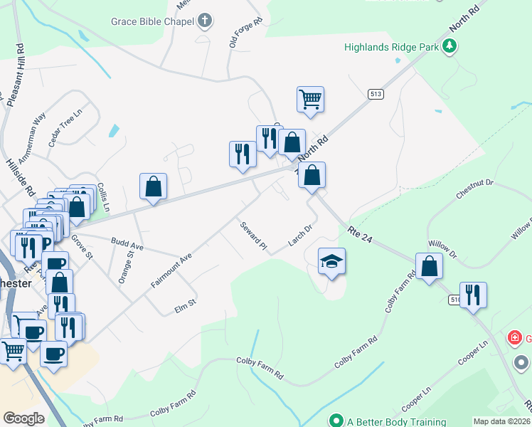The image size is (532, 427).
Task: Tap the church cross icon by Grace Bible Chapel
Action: pos(205,20)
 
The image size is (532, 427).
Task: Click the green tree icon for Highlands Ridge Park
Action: pos(449,47)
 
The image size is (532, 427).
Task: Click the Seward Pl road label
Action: pos(252,235)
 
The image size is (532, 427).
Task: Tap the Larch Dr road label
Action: pos(300,236)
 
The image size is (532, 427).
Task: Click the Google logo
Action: pos(23,418)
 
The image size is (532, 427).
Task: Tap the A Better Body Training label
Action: pos(397,421)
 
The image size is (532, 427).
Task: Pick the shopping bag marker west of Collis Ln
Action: pos(153,186)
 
